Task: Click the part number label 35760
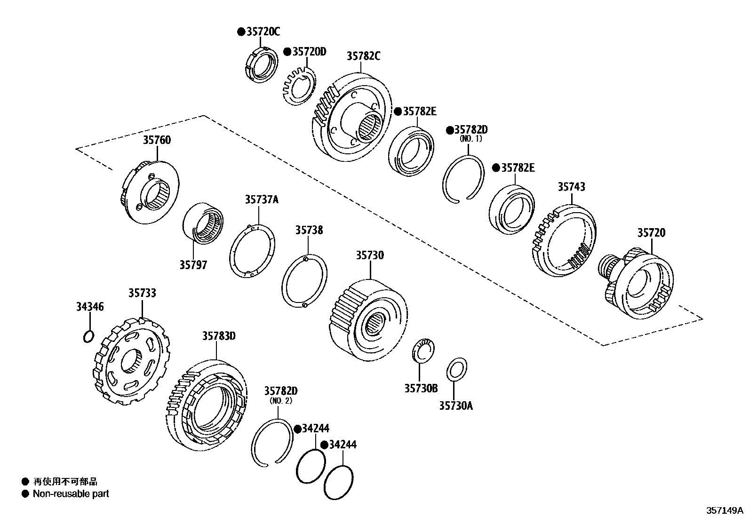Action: (x=157, y=140)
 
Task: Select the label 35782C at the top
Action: (x=363, y=56)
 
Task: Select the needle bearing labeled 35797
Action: (x=203, y=223)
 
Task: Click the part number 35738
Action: (x=309, y=230)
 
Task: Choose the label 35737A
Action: (x=261, y=199)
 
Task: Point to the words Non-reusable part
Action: (x=71, y=494)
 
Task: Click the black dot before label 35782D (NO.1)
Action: (x=449, y=129)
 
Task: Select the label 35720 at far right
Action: (x=652, y=233)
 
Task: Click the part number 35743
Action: (x=572, y=187)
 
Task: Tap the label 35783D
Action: (x=219, y=336)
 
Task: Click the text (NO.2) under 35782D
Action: (x=281, y=401)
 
